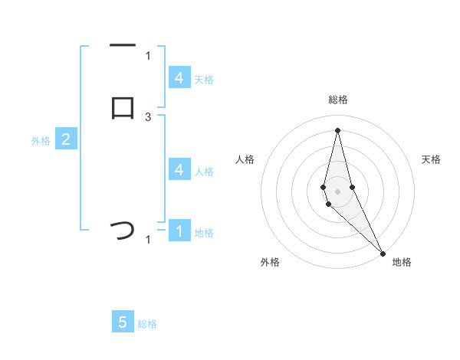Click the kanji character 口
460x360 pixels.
(x=123, y=106)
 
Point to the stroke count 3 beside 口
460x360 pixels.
(x=148, y=116)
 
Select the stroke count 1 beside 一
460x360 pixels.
(x=148, y=55)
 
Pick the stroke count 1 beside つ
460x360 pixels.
(x=148, y=240)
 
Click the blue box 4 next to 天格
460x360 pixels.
(x=179, y=77)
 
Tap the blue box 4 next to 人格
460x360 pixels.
(x=179, y=170)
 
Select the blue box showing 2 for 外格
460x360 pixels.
(x=66, y=139)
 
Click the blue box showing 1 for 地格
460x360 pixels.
(x=179, y=231)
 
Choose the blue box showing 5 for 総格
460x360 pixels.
(x=123, y=322)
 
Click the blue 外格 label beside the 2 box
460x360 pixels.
(x=41, y=141)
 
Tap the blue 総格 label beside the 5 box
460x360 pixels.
(x=147, y=324)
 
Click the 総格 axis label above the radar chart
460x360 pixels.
(x=338, y=100)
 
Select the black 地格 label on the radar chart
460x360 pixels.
(x=402, y=263)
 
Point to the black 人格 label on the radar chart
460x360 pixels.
(x=245, y=159)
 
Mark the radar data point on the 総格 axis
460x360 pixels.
(x=338, y=129)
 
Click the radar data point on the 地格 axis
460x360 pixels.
(x=383, y=253)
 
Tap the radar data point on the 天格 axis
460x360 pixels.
(x=352, y=187)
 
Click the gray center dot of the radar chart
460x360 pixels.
(x=338, y=191)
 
